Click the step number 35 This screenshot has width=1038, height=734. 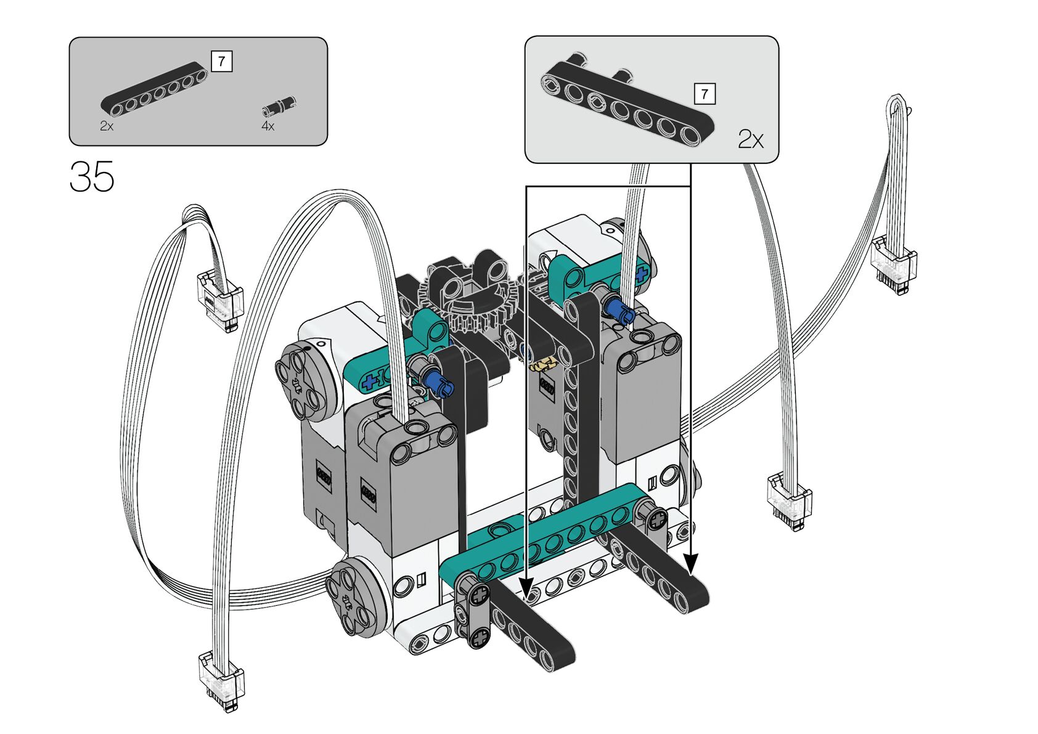(92, 176)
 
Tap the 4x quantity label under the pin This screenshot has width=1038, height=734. (268, 126)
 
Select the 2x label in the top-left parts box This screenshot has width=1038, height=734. (107, 126)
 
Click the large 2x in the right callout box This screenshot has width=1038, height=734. (751, 139)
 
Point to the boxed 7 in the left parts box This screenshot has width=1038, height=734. (221, 61)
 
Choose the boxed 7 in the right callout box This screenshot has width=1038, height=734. (705, 94)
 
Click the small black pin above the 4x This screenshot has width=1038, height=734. (279, 105)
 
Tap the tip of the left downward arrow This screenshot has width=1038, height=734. (526, 600)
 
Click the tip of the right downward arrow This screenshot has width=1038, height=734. (691, 574)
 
